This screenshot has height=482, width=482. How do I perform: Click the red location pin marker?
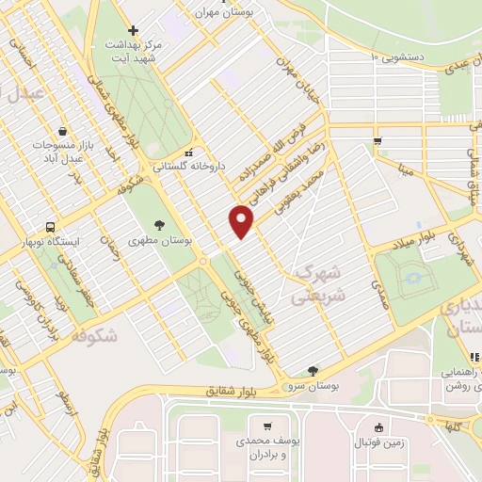[242, 220]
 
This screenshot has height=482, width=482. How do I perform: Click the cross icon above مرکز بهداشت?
[134, 30]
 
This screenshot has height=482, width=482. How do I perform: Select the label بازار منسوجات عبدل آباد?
[62, 154]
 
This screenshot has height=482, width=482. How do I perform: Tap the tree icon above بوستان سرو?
[313, 370]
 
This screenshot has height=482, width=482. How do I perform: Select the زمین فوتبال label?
[379, 442]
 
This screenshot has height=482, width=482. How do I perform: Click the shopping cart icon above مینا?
[378, 142]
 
